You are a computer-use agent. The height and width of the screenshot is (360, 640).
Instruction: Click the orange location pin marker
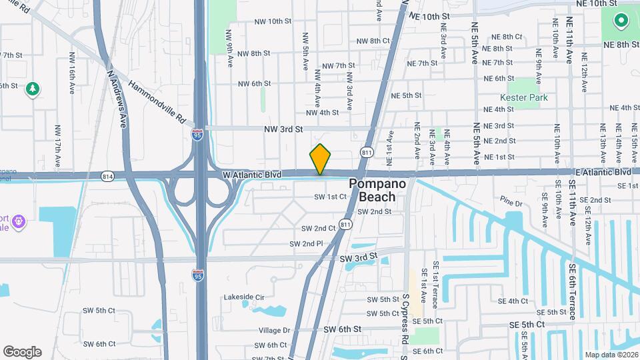point(320,159)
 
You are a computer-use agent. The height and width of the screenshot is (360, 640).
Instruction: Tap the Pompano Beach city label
point(377,189)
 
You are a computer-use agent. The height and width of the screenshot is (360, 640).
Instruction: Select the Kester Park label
point(529,98)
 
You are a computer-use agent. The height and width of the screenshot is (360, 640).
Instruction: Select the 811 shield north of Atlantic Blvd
point(367,152)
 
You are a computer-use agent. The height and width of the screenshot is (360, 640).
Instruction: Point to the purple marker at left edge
point(18,219)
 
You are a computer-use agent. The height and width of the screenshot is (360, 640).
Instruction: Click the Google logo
point(22,352)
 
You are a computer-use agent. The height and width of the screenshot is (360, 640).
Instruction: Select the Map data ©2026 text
point(610,354)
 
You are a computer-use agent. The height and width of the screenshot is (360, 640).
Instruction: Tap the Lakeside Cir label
point(244,297)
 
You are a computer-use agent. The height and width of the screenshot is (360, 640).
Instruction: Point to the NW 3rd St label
point(283,129)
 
